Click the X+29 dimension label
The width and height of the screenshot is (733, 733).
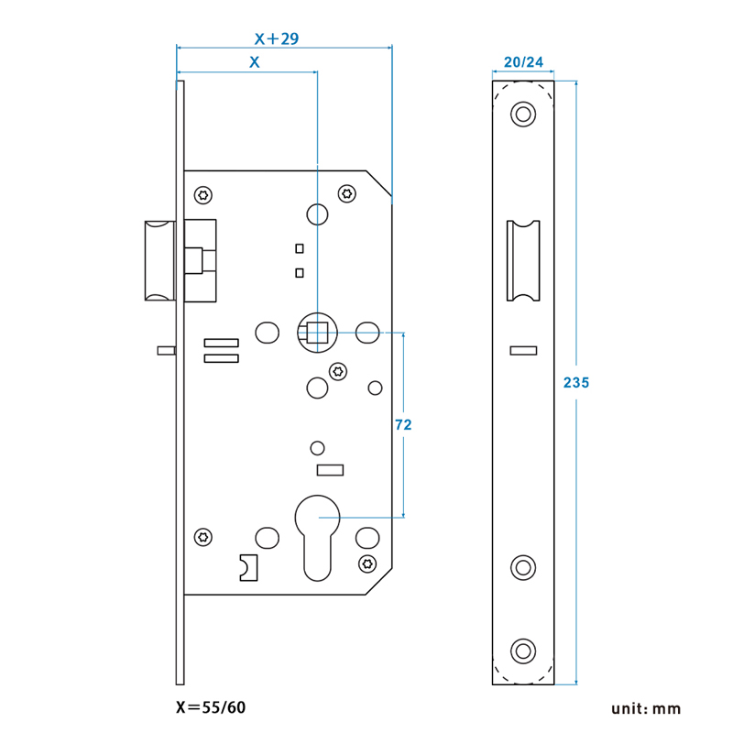pos(277,38)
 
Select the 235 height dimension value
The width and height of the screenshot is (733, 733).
pos(575,383)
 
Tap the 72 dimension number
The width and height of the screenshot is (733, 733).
pos(402,424)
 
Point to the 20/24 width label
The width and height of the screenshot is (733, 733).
pos(523,63)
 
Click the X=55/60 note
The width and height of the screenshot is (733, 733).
pos(210,707)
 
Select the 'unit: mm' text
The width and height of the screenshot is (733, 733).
pos(647,708)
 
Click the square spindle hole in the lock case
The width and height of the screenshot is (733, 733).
pos(317,333)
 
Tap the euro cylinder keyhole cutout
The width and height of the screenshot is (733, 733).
pos(317,541)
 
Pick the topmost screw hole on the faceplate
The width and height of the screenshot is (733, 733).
pos(523,115)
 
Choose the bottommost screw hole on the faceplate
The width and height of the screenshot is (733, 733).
pos(523,651)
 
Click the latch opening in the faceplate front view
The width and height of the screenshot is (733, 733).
pos(523,260)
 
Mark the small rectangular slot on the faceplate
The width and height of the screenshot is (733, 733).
pos(523,349)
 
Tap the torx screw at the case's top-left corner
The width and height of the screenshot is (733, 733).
pos(203,194)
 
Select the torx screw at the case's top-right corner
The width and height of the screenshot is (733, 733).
pos(347,193)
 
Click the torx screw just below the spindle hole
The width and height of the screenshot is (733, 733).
pos(338,371)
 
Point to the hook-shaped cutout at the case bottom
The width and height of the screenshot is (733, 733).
pos(248,567)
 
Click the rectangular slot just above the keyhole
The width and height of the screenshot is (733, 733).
pos(329,470)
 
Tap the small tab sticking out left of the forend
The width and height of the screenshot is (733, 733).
pos(166,349)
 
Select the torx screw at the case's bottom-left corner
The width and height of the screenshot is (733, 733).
pos(203,537)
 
